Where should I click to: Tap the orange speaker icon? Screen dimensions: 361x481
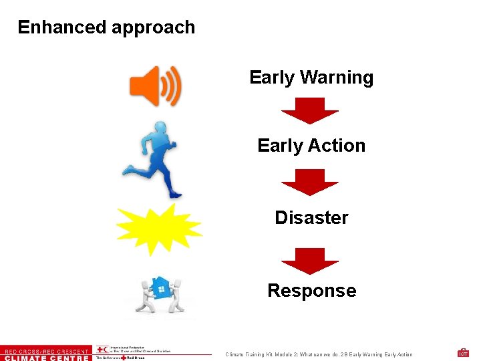(154, 86)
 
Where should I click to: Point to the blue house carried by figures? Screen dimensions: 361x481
(160, 287)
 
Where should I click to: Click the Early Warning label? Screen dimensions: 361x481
(311, 78)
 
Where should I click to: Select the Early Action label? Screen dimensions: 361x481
(311, 146)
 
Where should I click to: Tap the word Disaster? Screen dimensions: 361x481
(311, 218)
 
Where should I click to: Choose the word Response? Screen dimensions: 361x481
(311, 291)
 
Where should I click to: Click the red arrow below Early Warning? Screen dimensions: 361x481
(310, 110)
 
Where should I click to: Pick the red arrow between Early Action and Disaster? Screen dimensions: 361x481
(310, 182)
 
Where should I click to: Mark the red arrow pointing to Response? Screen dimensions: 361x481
(310, 261)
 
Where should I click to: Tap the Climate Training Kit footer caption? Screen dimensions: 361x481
(319, 354)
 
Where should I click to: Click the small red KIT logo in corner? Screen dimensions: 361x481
(463, 352)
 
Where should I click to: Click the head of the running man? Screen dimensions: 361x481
(161, 127)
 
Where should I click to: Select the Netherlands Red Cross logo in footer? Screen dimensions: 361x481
(120, 358)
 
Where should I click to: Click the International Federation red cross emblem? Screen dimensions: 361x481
(102, 350)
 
